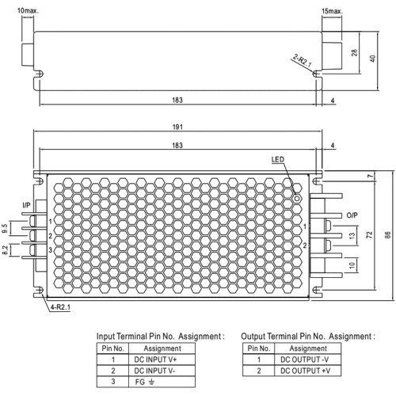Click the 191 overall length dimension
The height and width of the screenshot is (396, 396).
[177, 127]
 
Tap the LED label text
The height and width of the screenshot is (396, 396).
[278, 159]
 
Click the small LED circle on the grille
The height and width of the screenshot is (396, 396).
[297, 199]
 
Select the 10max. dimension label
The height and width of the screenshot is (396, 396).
[28, 11]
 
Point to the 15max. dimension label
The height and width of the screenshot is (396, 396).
[332, 11]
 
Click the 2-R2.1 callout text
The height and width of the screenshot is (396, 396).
[303, 60]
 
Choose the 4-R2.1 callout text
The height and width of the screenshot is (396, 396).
[60, 307]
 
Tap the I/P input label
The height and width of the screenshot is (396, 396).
[26, 205]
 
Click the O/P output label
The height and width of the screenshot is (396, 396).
[352, 215]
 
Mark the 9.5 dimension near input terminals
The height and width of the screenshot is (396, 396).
[5, 228]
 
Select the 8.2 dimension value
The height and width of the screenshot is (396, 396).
[5, 249]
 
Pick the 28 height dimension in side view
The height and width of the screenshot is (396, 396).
[355, 52]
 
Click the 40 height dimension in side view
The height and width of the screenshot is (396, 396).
[372, 59]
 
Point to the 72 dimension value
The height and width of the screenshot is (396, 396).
[369, 234]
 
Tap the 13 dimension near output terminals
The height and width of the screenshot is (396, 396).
[352, 236]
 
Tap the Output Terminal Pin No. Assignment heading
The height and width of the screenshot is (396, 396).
[308, 337]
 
